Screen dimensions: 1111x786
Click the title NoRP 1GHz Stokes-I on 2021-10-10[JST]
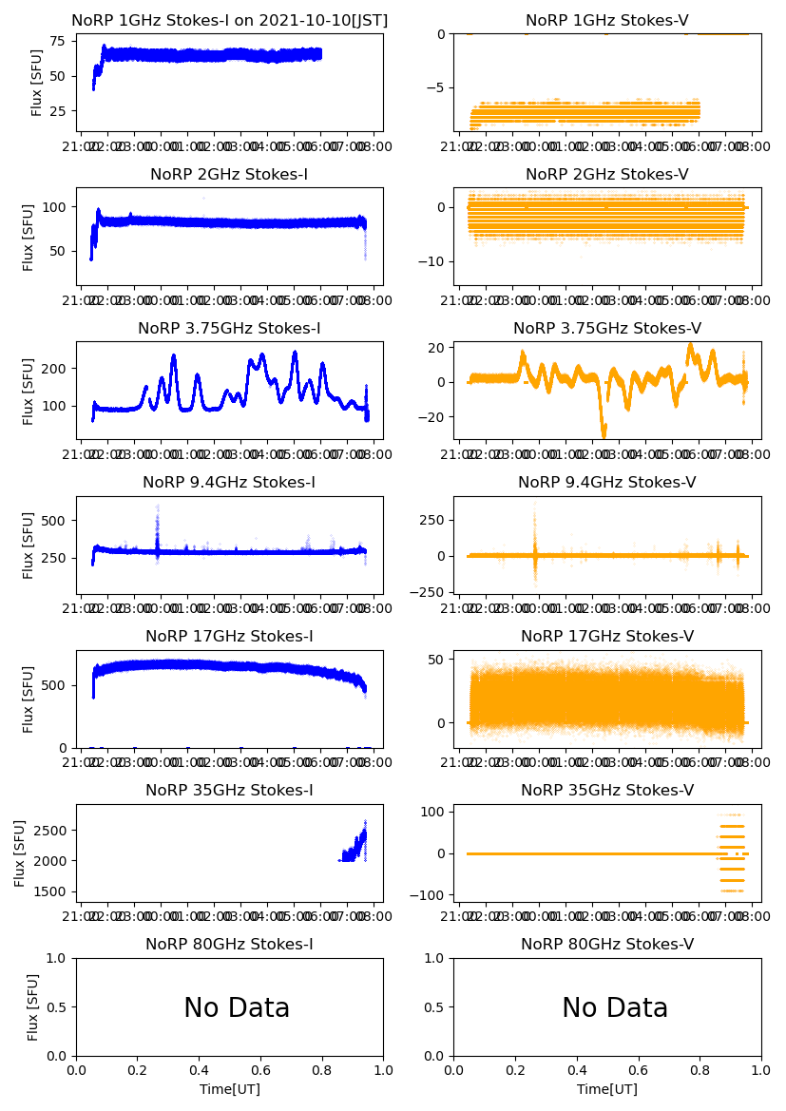click(229, 20)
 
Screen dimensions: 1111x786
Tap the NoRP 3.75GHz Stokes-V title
click(607, 328)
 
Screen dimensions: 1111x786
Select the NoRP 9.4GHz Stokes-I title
click(229, 482)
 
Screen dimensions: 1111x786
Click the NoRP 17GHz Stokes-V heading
click(607, 636)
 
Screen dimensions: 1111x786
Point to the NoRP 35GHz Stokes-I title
click(229, 790)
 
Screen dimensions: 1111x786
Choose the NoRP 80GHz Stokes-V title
click(607, 944)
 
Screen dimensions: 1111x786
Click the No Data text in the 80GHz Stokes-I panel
click(237, 1007)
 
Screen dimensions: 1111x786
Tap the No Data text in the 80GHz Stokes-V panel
click(615, 1007)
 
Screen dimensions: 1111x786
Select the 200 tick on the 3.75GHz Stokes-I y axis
click(57, 369)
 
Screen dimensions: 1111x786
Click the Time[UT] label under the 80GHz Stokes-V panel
click(607, 1089)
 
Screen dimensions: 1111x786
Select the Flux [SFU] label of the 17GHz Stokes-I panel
click(29, 699)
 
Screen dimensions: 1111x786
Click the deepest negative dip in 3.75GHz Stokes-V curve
click(603, 432)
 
